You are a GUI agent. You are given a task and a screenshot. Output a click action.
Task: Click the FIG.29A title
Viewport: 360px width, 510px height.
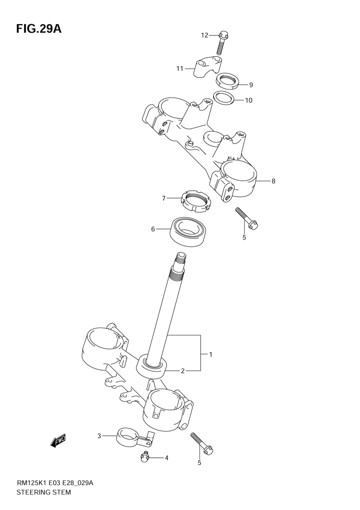[x=39, y=29]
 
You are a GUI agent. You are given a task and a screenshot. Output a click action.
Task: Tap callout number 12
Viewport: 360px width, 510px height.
[x=204, y=35]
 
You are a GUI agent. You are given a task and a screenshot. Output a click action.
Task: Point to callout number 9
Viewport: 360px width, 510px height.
[x=251, y=85]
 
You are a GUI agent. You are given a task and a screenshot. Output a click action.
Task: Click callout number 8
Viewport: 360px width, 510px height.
[x=273, y=181]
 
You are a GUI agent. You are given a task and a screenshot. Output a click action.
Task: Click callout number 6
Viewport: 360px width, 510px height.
[x=153, y=229]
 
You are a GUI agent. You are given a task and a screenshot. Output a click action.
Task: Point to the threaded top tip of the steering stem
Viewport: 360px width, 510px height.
[x=181, y=257]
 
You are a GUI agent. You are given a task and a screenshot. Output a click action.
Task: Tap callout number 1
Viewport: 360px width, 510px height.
[x=211, y=355]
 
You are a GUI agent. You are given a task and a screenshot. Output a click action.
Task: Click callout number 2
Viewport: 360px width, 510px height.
[x=183, y=371]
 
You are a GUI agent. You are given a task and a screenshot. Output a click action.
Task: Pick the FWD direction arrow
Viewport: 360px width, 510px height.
[x=58, y=441]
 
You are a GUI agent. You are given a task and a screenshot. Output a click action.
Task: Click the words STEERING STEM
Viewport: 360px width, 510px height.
[x=44, y=492]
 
